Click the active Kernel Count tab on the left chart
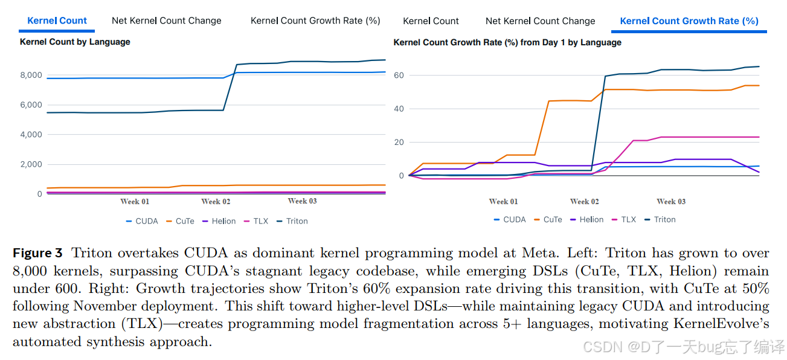point(57,21)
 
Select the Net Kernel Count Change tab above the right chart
point(540,21)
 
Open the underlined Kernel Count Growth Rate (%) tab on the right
point(689,21)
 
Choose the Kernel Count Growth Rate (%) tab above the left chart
point(315,21)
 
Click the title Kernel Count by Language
point(75,42)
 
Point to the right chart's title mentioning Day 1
point(507,43)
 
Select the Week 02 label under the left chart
point(216,202)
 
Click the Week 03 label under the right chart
point(671,202)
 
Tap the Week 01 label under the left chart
point(134,202)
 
